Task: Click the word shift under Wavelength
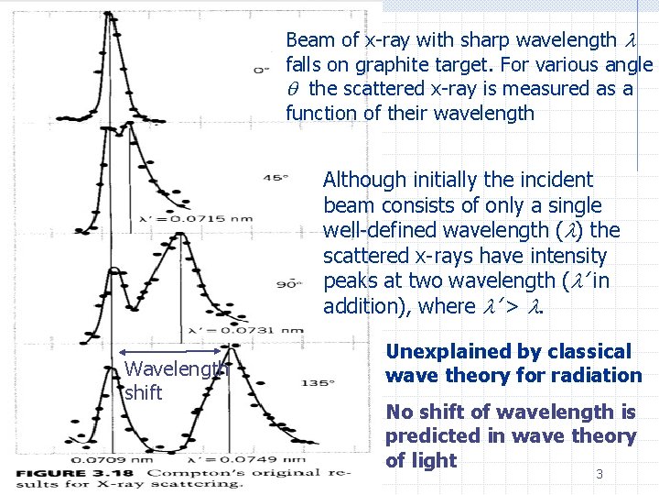pyautogui.click(x=143, y=392)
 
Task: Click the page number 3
pyautogui.click(x=600, y=474)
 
